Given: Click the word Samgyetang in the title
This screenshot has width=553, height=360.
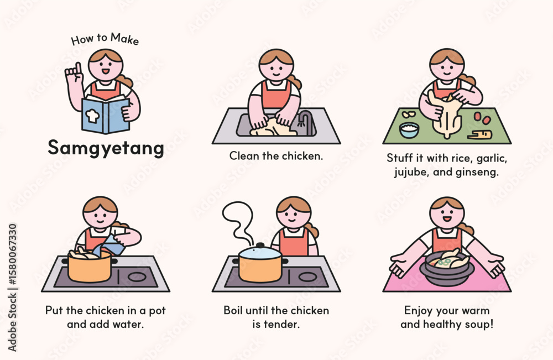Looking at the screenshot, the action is pos(106,148).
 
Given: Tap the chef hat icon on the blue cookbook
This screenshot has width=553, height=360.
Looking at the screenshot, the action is pos(92,115).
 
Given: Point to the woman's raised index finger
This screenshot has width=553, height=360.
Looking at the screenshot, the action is pos(79,68).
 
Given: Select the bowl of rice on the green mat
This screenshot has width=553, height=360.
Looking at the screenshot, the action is pos(409,130).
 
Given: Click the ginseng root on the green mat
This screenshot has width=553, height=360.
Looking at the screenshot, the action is pos(479,134).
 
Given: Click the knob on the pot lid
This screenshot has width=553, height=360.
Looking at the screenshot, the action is pos(260,245).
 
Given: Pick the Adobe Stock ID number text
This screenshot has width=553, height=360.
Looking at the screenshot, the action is pos(12,254).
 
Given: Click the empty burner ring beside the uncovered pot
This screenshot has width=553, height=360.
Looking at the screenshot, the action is pos(137,277).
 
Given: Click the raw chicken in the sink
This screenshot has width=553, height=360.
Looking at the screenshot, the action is pos(273,127).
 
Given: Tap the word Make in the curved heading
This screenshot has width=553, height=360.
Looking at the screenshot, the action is pos(124,38).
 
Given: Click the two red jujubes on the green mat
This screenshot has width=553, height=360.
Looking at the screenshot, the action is pos(482,118).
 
